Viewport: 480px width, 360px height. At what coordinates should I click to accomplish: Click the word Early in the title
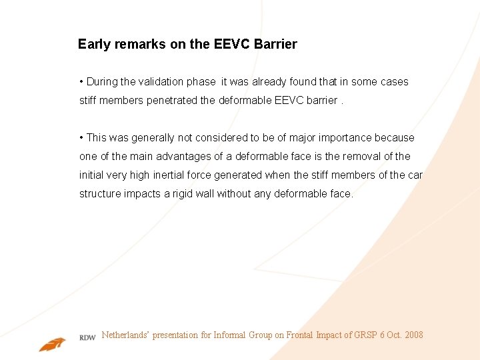(x=94, y=45)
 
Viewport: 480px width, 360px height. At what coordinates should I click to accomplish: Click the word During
(x=102, y=82)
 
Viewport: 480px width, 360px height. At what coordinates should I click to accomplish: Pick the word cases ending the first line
(x=394, y=82)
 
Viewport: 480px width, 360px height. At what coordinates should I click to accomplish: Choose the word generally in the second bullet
(x=153, y=138)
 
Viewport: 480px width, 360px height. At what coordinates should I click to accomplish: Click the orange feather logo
(x=52, y=344)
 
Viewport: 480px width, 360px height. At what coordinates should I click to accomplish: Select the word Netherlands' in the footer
(x=125, y=335)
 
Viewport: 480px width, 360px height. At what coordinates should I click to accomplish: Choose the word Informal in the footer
(x=230, y=335)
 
